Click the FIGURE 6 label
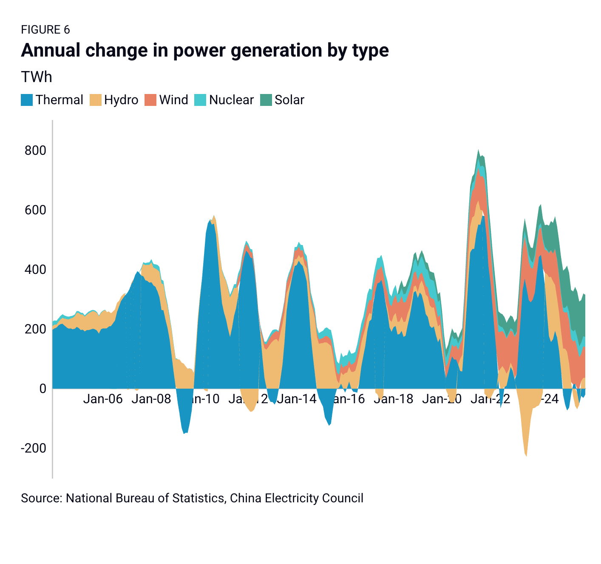click(45, 30)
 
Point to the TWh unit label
click(37, 77)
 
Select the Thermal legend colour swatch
click(27, 100)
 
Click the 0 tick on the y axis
click(43, 388)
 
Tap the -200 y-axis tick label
click(33, 448)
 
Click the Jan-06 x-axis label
click(103, 399)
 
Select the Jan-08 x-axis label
click(151, 399)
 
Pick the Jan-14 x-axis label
click(297, 399)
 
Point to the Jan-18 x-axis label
click(394, 399)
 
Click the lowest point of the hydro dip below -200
click(526, 456)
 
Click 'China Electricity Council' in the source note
click(296, 498)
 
